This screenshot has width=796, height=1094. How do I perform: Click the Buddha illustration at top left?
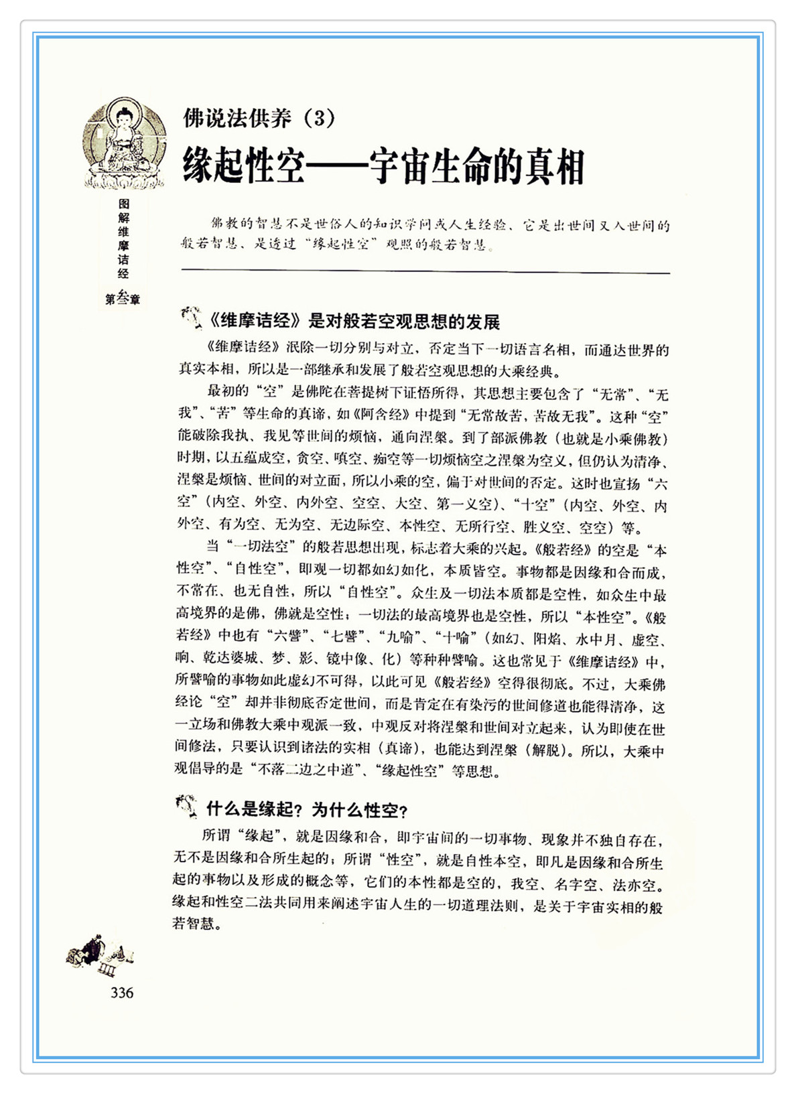click(123, 143)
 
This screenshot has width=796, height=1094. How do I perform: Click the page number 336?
click(122, 993)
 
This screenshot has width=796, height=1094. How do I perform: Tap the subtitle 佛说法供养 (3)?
click(259, 119)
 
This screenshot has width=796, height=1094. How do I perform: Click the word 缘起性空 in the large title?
click(244, 167)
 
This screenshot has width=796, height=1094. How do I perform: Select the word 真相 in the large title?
click(554, 167)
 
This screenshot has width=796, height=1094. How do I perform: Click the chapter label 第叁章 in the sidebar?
click(123, 299)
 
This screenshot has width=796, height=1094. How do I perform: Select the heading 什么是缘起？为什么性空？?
click(307, 810)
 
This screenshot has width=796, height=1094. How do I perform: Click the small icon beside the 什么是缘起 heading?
click(186, 806)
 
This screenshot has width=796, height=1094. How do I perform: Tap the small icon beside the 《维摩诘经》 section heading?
click(191, 318)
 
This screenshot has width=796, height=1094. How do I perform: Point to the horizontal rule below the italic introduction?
click(425, 272)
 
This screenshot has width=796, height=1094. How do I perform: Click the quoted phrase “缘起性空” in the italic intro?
click(340, 244)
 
